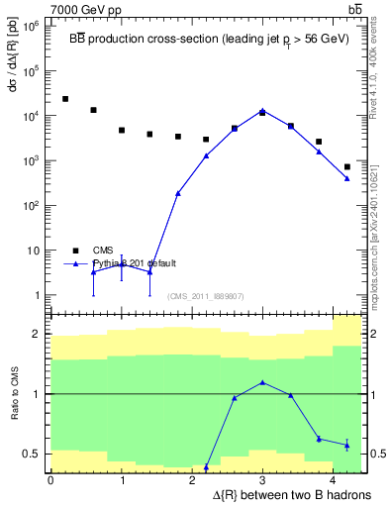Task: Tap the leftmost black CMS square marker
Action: (65, 99)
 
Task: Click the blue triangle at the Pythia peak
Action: (262, 111)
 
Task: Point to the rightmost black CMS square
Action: (347, 166)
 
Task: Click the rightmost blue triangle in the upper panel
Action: (347, 178)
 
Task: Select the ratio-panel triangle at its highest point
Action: (262, 382)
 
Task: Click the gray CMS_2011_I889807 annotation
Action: (206, 296)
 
